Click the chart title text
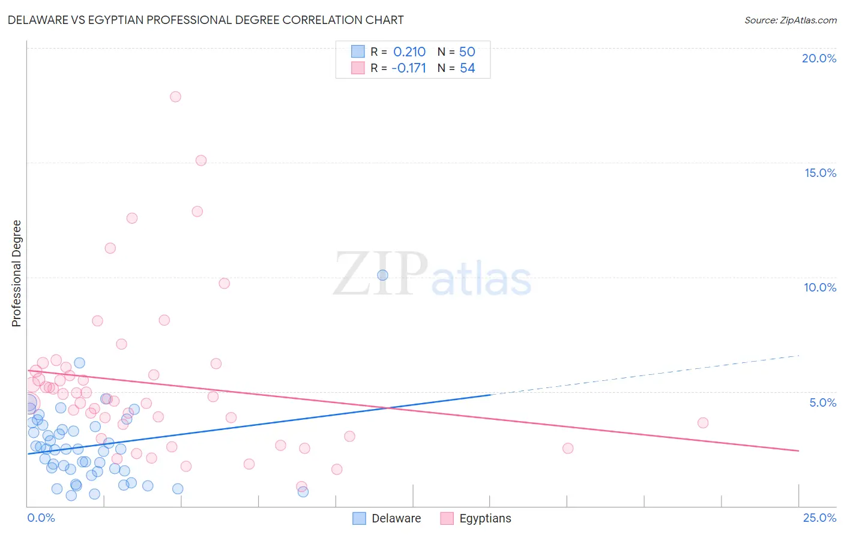coord(205,20)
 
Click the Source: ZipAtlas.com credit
coord(790,20)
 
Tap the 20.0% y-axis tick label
coord(819,58)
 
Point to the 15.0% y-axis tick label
coord(820,173)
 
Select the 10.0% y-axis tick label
coord(820,287)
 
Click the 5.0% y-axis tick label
coord(822,402)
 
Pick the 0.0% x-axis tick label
coord(41,518)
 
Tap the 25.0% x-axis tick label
coord(819,518)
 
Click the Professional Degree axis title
coord(16,273)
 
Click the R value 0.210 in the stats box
coord(409,52)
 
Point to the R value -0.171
coord(409,68)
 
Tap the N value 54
coord(467,68)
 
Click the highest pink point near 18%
coord(175,97)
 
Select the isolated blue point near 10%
coord(382,275)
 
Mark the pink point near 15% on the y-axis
coord(201,161)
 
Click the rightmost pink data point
coord(703,423)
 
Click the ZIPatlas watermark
coord(432,274)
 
